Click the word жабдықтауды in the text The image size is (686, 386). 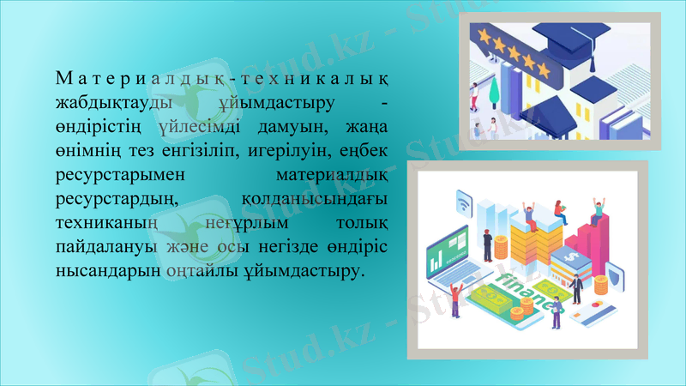pyautogui.click(x=102, y=104)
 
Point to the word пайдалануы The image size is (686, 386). pyautogui.click(x=105, y=247)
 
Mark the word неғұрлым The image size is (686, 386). pyautogui.click(x=243, y=223)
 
